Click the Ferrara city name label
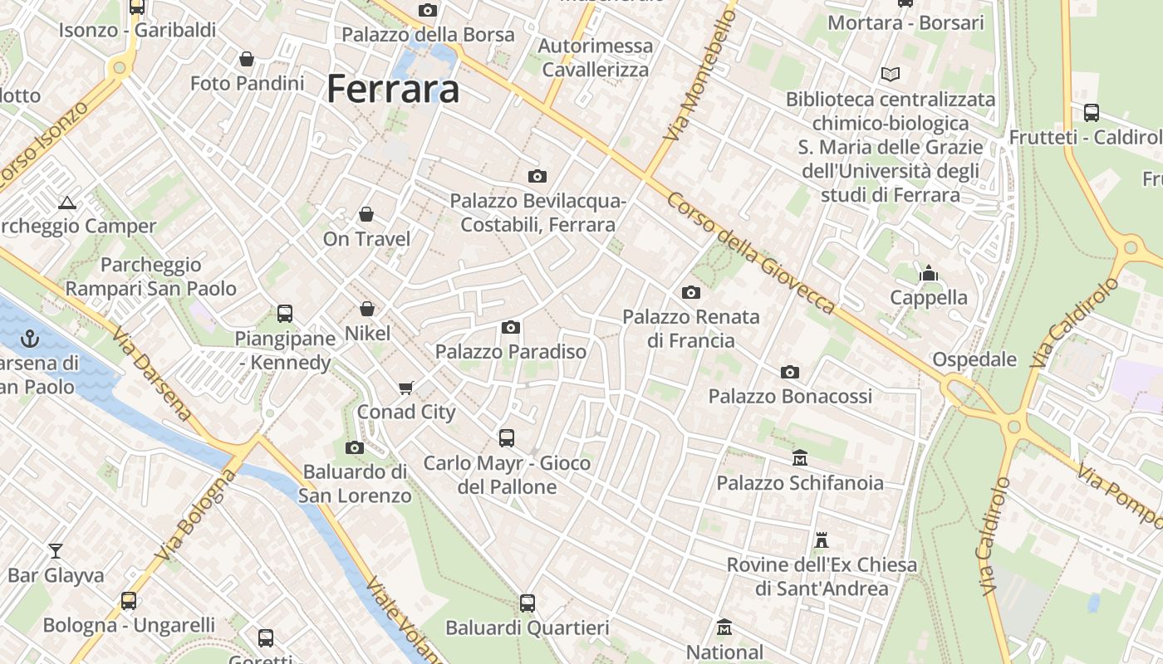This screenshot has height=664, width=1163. pos(393,89)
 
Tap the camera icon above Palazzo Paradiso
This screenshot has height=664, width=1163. pos(511,327)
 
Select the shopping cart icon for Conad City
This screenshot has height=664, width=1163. pos(406,388)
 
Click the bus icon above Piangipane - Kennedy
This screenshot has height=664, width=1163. pos(285,314)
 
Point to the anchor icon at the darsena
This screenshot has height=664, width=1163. pos(30,338)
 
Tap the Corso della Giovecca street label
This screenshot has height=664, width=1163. pos(751,254)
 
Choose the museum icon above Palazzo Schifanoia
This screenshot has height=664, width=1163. pos(800,457)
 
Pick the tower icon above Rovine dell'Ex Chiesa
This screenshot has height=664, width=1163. pos(822,540)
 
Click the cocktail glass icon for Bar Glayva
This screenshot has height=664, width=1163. pos(56,550)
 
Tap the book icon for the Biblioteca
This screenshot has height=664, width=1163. pos(891,74)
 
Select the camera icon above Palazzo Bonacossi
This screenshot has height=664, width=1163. pos(790,371)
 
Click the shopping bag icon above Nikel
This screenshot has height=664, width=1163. pos(367,309)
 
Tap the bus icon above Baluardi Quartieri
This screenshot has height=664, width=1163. pos(528,603)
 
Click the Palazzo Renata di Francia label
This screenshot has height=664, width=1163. pos(691,329)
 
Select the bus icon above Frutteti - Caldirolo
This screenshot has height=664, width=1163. pos(1092,112)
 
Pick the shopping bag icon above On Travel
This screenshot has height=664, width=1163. pos(366,214)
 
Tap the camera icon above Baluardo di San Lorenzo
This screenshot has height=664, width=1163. pos(355,447)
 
